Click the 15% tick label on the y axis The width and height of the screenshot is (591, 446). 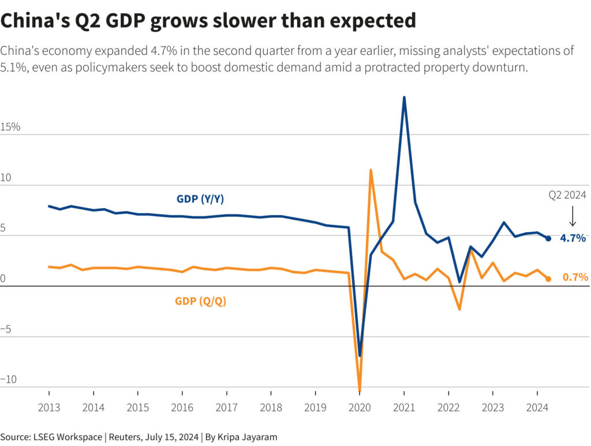click(10, 127)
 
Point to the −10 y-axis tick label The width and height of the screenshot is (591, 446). click(9, 380)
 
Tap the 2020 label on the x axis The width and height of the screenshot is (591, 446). click(360, 407)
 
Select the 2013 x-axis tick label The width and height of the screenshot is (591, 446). click(48, 407)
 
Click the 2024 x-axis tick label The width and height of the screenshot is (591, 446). click(537, 407)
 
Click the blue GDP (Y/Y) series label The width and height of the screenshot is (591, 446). click(200, 199)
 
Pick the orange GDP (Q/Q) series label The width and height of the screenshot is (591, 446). click(200, 301)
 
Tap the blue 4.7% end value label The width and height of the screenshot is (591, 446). click(573, 237)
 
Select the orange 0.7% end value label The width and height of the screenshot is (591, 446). click(575, 277)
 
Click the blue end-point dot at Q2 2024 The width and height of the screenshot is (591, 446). click(548, 238)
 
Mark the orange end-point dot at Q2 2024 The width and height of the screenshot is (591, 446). click(548, 279)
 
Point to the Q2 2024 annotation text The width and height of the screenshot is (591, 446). click(567, 195)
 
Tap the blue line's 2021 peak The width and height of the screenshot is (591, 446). click(404, 97)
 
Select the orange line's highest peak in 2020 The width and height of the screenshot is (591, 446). click(371, 170)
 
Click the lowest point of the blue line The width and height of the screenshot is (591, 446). click(360, 356)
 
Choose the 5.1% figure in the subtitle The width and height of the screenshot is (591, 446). click(12, 67)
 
